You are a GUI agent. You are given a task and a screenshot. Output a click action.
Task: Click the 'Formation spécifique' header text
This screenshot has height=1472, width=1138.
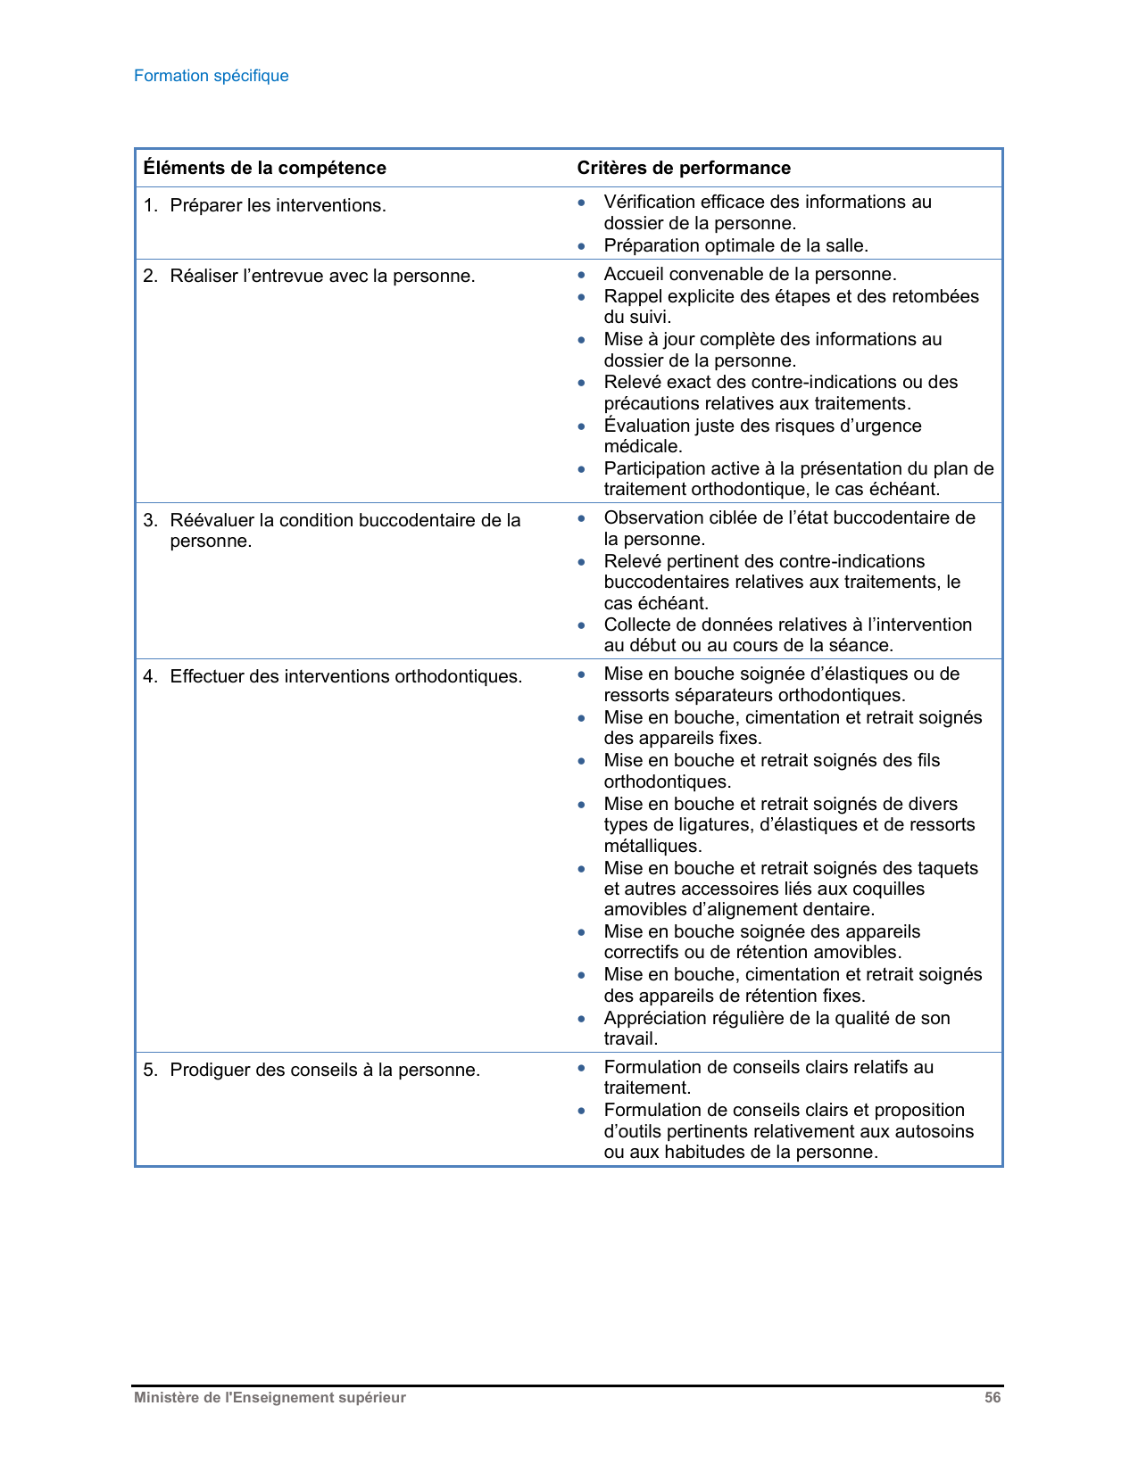[x=211, y=76]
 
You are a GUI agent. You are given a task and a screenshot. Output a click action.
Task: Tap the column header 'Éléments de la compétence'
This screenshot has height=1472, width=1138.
[x=264, y=168]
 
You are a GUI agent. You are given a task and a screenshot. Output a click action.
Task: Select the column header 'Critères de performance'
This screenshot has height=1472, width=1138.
[x=684, y=168]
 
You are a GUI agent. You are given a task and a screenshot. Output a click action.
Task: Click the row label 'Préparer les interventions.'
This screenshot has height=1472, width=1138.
[x=278, y=205]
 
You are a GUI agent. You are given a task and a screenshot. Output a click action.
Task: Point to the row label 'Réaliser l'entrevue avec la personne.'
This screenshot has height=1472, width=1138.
[x=322, y=276]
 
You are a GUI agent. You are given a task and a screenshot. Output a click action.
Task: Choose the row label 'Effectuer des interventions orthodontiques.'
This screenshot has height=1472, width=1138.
[x=345, y=676]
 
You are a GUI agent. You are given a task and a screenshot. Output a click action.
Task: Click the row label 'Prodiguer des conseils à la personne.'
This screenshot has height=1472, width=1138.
[x=325, y=1070]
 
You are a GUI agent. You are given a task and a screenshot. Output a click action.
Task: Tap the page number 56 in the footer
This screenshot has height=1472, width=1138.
[x=993, y=1398]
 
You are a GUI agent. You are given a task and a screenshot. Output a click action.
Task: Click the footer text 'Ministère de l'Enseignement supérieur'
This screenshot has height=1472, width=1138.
[x=270, y=1398]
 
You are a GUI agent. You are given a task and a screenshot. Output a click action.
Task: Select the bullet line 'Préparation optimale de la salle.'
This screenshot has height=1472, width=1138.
[x=735, y=245]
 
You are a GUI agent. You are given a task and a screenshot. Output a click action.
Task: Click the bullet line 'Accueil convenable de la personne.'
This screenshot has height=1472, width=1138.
[x=750, y=274]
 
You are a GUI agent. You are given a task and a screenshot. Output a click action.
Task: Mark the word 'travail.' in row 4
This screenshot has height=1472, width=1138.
[x=631, y=1038]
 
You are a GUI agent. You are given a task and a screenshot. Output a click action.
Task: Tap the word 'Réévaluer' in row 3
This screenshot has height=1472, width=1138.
[x=212, y=520]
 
